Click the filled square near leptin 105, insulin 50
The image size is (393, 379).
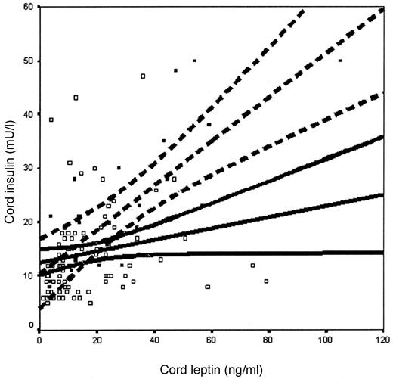pos(340,61)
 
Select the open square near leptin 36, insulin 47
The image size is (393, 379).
pos(142,76)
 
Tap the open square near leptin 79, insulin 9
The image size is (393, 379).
pos(266,281)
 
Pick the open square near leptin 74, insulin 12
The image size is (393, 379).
pos(252,265)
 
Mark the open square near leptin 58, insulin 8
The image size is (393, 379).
pos(206,286)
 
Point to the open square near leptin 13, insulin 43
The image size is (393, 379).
pos(76,98)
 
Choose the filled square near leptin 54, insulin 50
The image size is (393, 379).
pos(194,61)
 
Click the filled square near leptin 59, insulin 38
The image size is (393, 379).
pos(209,124)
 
